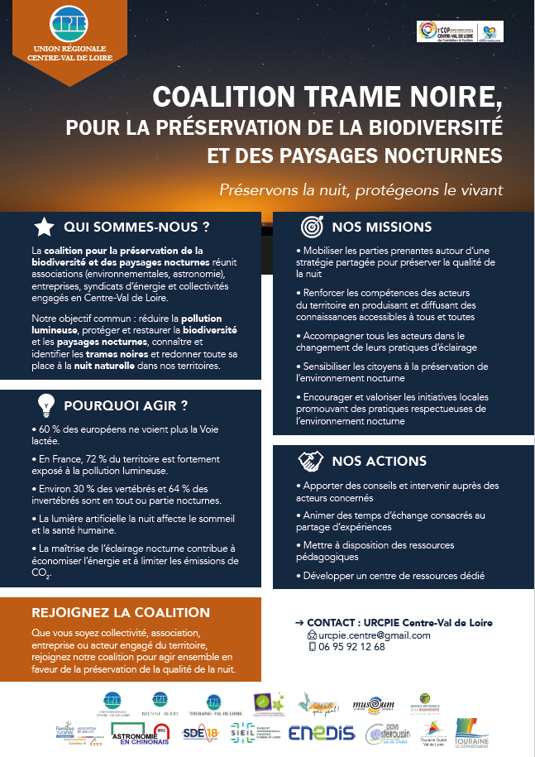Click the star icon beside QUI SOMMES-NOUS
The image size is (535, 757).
(x=44, y=227)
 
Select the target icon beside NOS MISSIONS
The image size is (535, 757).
(x=311, y=227)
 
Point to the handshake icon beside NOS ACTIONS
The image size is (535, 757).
(x=311, y=459)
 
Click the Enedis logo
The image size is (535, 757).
(x=322, y=733)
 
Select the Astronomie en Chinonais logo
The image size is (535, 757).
(x=139, y=735)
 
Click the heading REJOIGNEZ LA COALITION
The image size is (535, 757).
(x=120, y=613)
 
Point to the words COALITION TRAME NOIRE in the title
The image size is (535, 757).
(x=327, y=98)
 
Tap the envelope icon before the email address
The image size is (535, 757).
(x=312, y=635)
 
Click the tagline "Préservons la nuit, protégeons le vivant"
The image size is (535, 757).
(x=361, y=189)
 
